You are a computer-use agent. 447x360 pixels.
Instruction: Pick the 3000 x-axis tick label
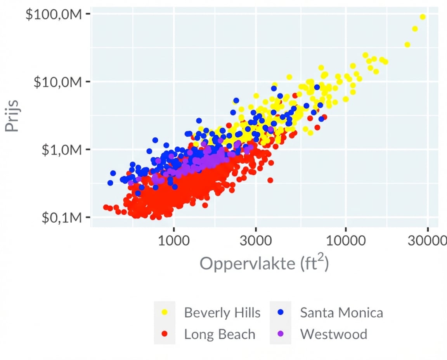tap(255, 241)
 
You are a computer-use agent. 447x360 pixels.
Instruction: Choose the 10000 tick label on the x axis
tap(345, 241)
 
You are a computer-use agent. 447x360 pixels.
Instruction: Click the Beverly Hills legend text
tap(222, 313)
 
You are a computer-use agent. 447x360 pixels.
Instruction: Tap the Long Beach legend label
tap(220, 334)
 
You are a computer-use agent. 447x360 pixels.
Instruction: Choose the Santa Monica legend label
tap(341, 313)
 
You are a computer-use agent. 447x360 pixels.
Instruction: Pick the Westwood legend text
tap(333, 334)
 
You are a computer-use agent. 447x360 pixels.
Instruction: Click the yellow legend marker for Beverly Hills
tap(165, 312)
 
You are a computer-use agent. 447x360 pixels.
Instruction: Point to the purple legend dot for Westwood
tap(280, 334)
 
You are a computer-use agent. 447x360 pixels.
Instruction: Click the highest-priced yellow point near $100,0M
tap(423, 17)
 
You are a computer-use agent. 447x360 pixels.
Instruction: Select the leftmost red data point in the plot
tap(106, 207)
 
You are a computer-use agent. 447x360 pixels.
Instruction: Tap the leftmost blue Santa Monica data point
tap(110, 183)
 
